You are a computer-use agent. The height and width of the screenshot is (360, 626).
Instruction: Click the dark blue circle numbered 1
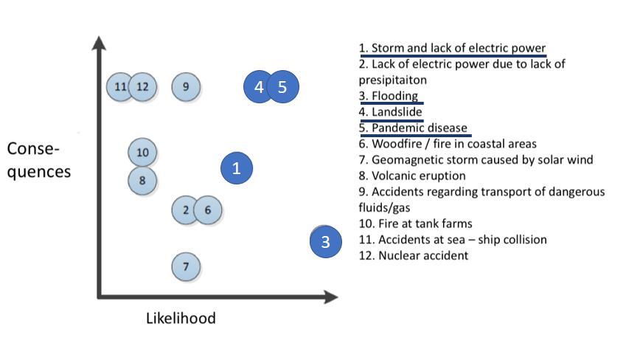237,168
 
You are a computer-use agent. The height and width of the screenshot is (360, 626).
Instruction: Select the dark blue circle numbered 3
325,241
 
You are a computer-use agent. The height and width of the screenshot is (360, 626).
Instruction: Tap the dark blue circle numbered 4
258,87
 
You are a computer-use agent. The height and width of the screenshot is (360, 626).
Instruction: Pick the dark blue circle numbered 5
282,87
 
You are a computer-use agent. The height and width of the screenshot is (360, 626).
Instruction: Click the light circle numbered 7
186,266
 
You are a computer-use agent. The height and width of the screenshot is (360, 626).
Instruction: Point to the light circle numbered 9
186,87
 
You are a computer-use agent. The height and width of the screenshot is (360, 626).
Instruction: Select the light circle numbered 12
142,87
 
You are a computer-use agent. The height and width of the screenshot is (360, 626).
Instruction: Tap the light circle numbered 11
120,87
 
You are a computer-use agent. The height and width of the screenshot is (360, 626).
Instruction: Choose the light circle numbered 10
142,153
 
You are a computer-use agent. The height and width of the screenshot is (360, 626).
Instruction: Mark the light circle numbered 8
142,179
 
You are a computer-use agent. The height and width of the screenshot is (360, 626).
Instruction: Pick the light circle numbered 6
208,210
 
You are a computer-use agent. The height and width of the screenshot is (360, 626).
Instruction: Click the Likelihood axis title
181,319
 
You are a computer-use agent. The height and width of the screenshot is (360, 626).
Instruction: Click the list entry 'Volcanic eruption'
412,176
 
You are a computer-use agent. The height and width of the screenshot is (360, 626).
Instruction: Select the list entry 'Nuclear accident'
414,255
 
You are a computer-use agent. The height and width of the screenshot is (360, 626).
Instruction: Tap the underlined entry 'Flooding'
389,96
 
